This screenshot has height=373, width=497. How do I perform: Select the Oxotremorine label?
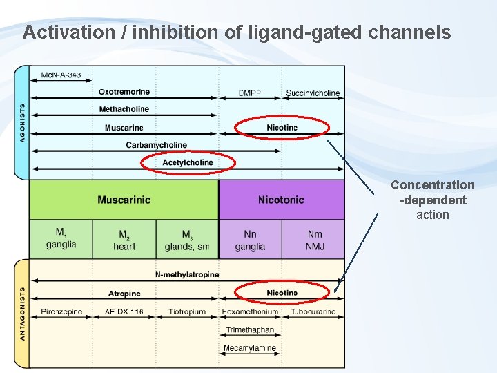pyautogui.click(x=124, y=92)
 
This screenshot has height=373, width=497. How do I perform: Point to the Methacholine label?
pyautogui.click(x=124, y=109)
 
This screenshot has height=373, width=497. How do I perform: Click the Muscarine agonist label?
pyautogui.click(x=124, y=127)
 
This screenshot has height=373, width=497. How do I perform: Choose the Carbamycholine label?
pyautogui.click(x=157, y=145)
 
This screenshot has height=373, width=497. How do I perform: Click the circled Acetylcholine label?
pyautogui.click(x=188, y=162)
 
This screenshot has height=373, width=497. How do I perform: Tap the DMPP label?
pyautogui.click(x=250, y=93)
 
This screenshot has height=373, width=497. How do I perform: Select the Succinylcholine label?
pyautogui.click(x=313, y=93)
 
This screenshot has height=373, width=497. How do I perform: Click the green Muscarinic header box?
pyautogui.click(x=124, y=200)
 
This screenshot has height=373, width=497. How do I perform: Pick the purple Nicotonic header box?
pyautogui.click(x=281, y=200)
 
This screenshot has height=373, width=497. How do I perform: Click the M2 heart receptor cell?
pyautogui.click(x=124, y=239)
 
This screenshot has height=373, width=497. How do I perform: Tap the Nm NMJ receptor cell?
pyautogui.click(x=314, y=239)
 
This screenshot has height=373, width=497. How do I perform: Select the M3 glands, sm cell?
pyautogui.click(x=187, y=239)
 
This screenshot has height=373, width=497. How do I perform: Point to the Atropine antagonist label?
pyautogui.click(x=124, y=294)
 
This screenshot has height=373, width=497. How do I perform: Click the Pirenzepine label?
pyautogui.click(x=61, y=312)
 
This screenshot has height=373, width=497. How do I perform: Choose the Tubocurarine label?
pyautogui.click(x=313, y=312)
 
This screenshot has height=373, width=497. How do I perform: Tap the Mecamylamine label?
pyautogui.click(x=250, y=348)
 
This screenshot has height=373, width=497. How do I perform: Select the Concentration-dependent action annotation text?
pyautogui.click(x=433, y=200)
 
